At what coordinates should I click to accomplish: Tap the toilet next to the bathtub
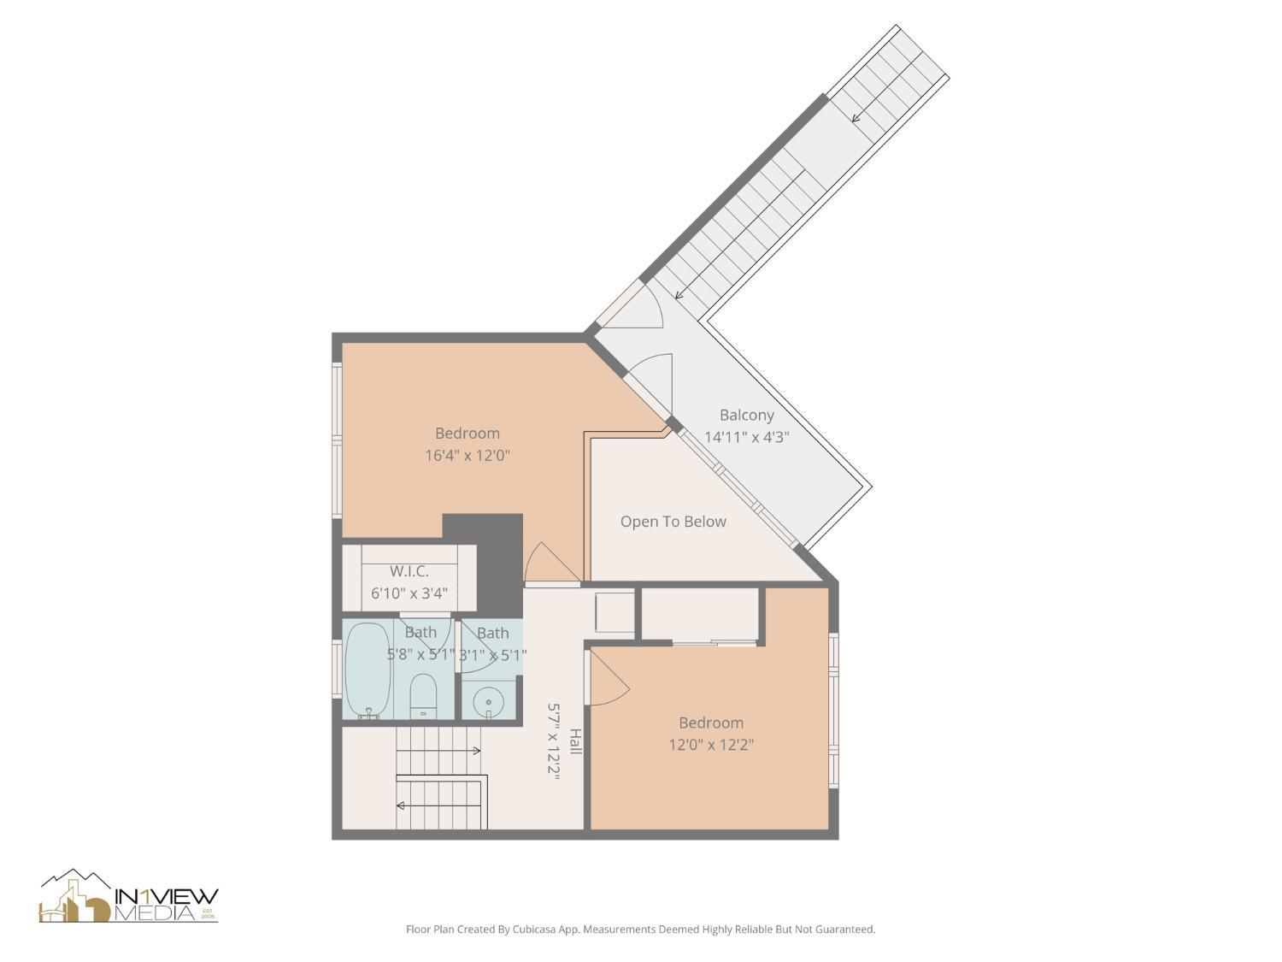(423, 696)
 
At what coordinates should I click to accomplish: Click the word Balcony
(746, 415)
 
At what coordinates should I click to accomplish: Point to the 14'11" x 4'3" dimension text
(746, 437)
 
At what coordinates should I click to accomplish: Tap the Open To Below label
(673, 522)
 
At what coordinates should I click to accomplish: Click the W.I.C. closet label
(409, 571)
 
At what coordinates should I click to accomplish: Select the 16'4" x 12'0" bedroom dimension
(468, 455)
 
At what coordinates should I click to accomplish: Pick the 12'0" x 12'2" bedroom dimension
(711, 745)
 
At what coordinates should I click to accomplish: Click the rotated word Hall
(575, 741)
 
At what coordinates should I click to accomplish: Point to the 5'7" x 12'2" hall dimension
(554, 741)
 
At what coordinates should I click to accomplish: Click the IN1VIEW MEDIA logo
(129, 898)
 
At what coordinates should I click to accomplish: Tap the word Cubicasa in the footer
(518, 929)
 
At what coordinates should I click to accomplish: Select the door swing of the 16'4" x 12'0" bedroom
(545, 564)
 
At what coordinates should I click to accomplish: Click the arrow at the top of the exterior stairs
(856, 118)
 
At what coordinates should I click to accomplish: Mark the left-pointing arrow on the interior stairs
(400, 806)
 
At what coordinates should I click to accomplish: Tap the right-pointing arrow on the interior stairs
(476, 751)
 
